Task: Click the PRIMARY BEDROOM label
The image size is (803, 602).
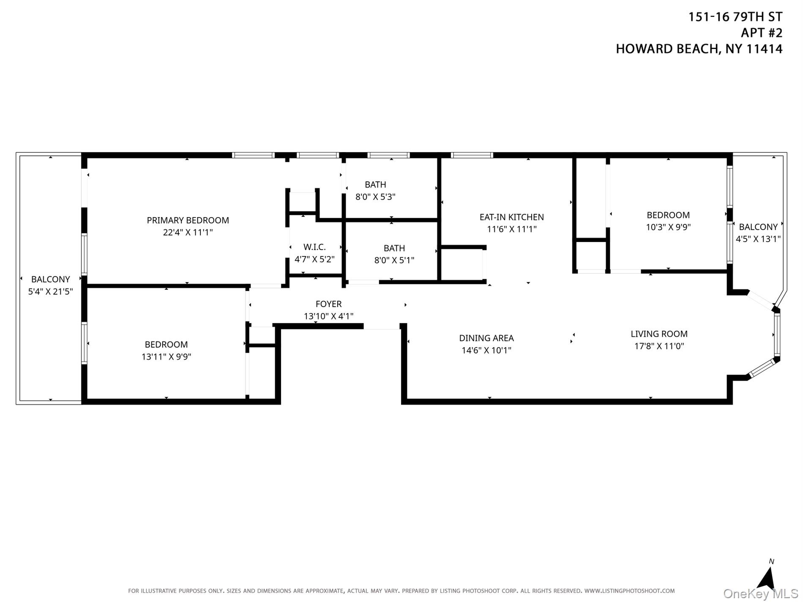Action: [188, 220]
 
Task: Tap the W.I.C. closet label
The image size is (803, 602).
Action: [314, 247]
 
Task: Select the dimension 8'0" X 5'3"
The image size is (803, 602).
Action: [375, 197]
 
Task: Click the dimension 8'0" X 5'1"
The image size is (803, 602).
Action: [394, 260]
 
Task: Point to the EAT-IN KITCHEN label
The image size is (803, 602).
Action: [511, 217]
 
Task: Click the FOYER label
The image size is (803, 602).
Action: [328, 304]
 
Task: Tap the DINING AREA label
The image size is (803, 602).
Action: [486, 338]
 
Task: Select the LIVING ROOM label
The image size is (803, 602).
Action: [659, 334]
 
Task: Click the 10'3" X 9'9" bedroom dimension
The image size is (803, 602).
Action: [668, 227]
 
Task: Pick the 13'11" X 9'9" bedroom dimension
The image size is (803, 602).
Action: [166, 357]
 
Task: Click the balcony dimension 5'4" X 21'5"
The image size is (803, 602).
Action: [50, 291]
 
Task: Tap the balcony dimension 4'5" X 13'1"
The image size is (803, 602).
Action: [758, 239]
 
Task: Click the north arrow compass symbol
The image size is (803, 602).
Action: [767, 579]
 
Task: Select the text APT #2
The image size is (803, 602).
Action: [762, 33]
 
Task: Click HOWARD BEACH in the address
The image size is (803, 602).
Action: [667, 49]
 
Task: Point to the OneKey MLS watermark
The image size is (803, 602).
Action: [760, 594]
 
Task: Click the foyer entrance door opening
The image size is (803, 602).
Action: [382, 326]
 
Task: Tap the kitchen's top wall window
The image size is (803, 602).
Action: [472, 155]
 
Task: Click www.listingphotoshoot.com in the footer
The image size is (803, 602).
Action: [629, 591]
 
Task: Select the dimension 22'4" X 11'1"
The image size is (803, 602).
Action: [188, 232]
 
